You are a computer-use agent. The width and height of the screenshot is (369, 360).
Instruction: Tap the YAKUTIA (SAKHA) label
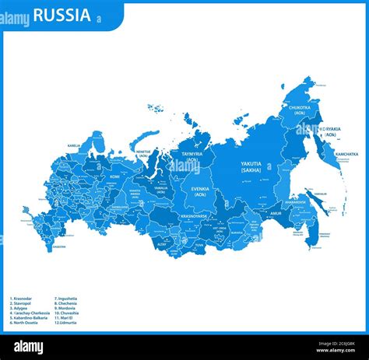pos(251,167)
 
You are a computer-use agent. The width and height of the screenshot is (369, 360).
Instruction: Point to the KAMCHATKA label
pos(346,154)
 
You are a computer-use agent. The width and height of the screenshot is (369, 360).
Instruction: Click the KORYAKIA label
pos(330,131)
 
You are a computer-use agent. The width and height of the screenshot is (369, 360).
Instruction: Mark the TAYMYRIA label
pos(192,157)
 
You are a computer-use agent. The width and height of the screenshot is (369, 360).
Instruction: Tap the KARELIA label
pos(73,145)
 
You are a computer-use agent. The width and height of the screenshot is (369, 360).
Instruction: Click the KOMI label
pos(114,177)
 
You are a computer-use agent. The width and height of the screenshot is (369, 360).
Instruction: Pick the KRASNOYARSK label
pos(193,215)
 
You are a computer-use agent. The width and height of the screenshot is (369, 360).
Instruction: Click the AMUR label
pos(276,212)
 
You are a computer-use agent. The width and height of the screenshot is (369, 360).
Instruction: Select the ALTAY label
pos(161,243)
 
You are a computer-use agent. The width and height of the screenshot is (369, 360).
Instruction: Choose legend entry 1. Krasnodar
pos(23,299)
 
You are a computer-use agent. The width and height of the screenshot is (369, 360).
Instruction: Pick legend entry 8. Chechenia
pos(66,303)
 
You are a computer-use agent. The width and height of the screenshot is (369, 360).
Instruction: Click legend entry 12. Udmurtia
pos(66,323)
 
